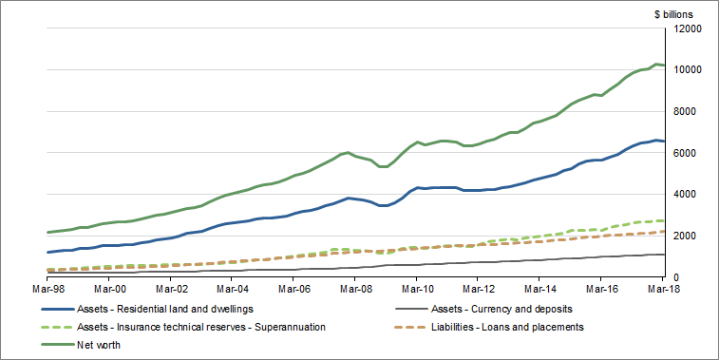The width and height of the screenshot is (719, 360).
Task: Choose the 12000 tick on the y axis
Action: (688, 28)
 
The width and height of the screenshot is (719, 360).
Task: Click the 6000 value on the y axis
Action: (691, 153)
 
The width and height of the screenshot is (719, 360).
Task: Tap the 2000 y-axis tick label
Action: (691, 236)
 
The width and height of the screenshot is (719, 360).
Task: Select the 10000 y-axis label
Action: (688, 70)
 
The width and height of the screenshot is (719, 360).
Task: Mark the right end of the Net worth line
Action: (664, 66)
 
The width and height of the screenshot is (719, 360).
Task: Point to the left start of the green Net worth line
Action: (47, 232)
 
